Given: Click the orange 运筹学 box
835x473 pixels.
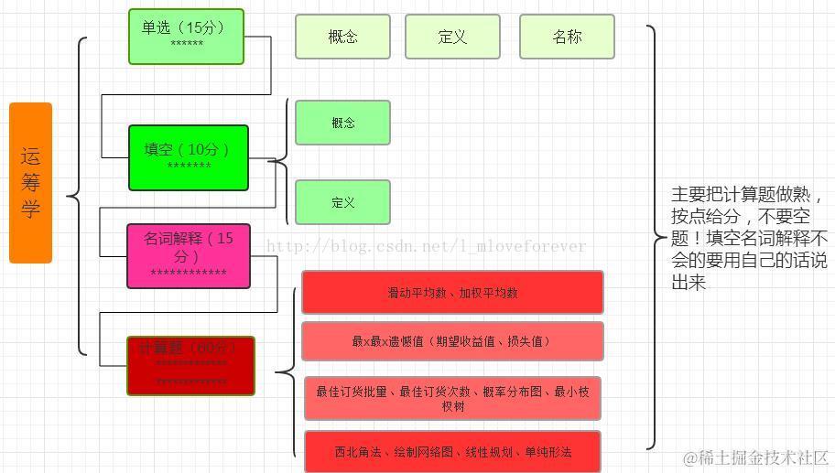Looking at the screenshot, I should pos(30,183).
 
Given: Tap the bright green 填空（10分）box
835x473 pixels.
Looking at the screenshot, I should pos(189,157).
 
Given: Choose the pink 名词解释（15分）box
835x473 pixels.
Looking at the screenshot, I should pos(188,255).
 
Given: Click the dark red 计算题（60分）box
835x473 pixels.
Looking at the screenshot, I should pos(190,365).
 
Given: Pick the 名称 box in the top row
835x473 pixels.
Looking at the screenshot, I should pos(567,37).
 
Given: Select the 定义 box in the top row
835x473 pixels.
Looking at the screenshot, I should pos(452,37).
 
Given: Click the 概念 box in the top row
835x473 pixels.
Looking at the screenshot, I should pos(342,37).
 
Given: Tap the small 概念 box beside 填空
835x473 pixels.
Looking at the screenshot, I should pos(342,123).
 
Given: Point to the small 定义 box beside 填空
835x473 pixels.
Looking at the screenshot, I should pos(342,202).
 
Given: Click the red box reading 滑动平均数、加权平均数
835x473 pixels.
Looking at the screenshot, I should pos(452,293).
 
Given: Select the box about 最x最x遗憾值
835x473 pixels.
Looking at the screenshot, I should pos(452,341).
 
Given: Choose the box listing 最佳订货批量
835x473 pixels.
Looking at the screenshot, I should pos(452,398).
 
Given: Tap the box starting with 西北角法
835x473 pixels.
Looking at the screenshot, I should pos(452,451).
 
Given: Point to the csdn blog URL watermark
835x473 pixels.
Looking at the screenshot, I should pos(425,246).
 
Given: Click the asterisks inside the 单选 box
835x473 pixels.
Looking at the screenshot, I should pos(187,45).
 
